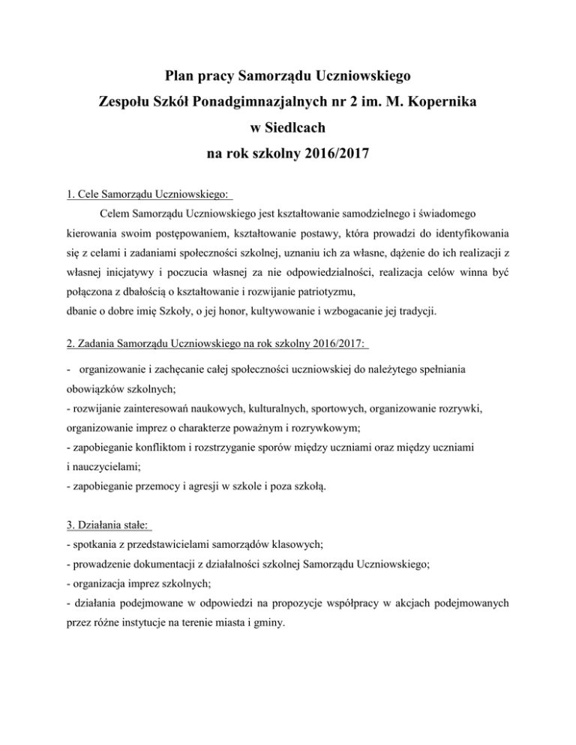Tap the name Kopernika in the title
438,103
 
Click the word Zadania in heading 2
98,345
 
